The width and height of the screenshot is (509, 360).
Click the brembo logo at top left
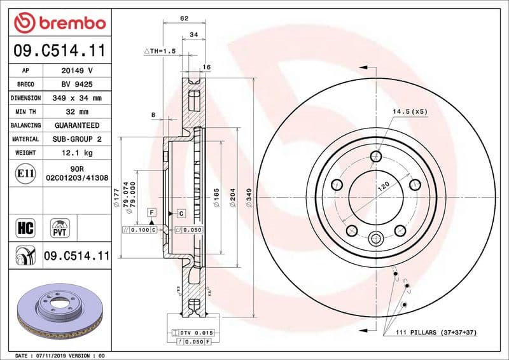pos(59,23)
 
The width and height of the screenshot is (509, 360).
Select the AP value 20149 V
pos(77,71)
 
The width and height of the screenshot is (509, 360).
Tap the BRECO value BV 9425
pos(77,85)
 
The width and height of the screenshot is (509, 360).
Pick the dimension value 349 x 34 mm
pos(77,99)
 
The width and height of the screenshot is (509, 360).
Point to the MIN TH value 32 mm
pos(77,112)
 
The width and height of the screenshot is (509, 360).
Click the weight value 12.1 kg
pos(77,153)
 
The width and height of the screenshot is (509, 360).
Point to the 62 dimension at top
pos(184,18)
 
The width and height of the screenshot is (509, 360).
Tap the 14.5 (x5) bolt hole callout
pos(409,112)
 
